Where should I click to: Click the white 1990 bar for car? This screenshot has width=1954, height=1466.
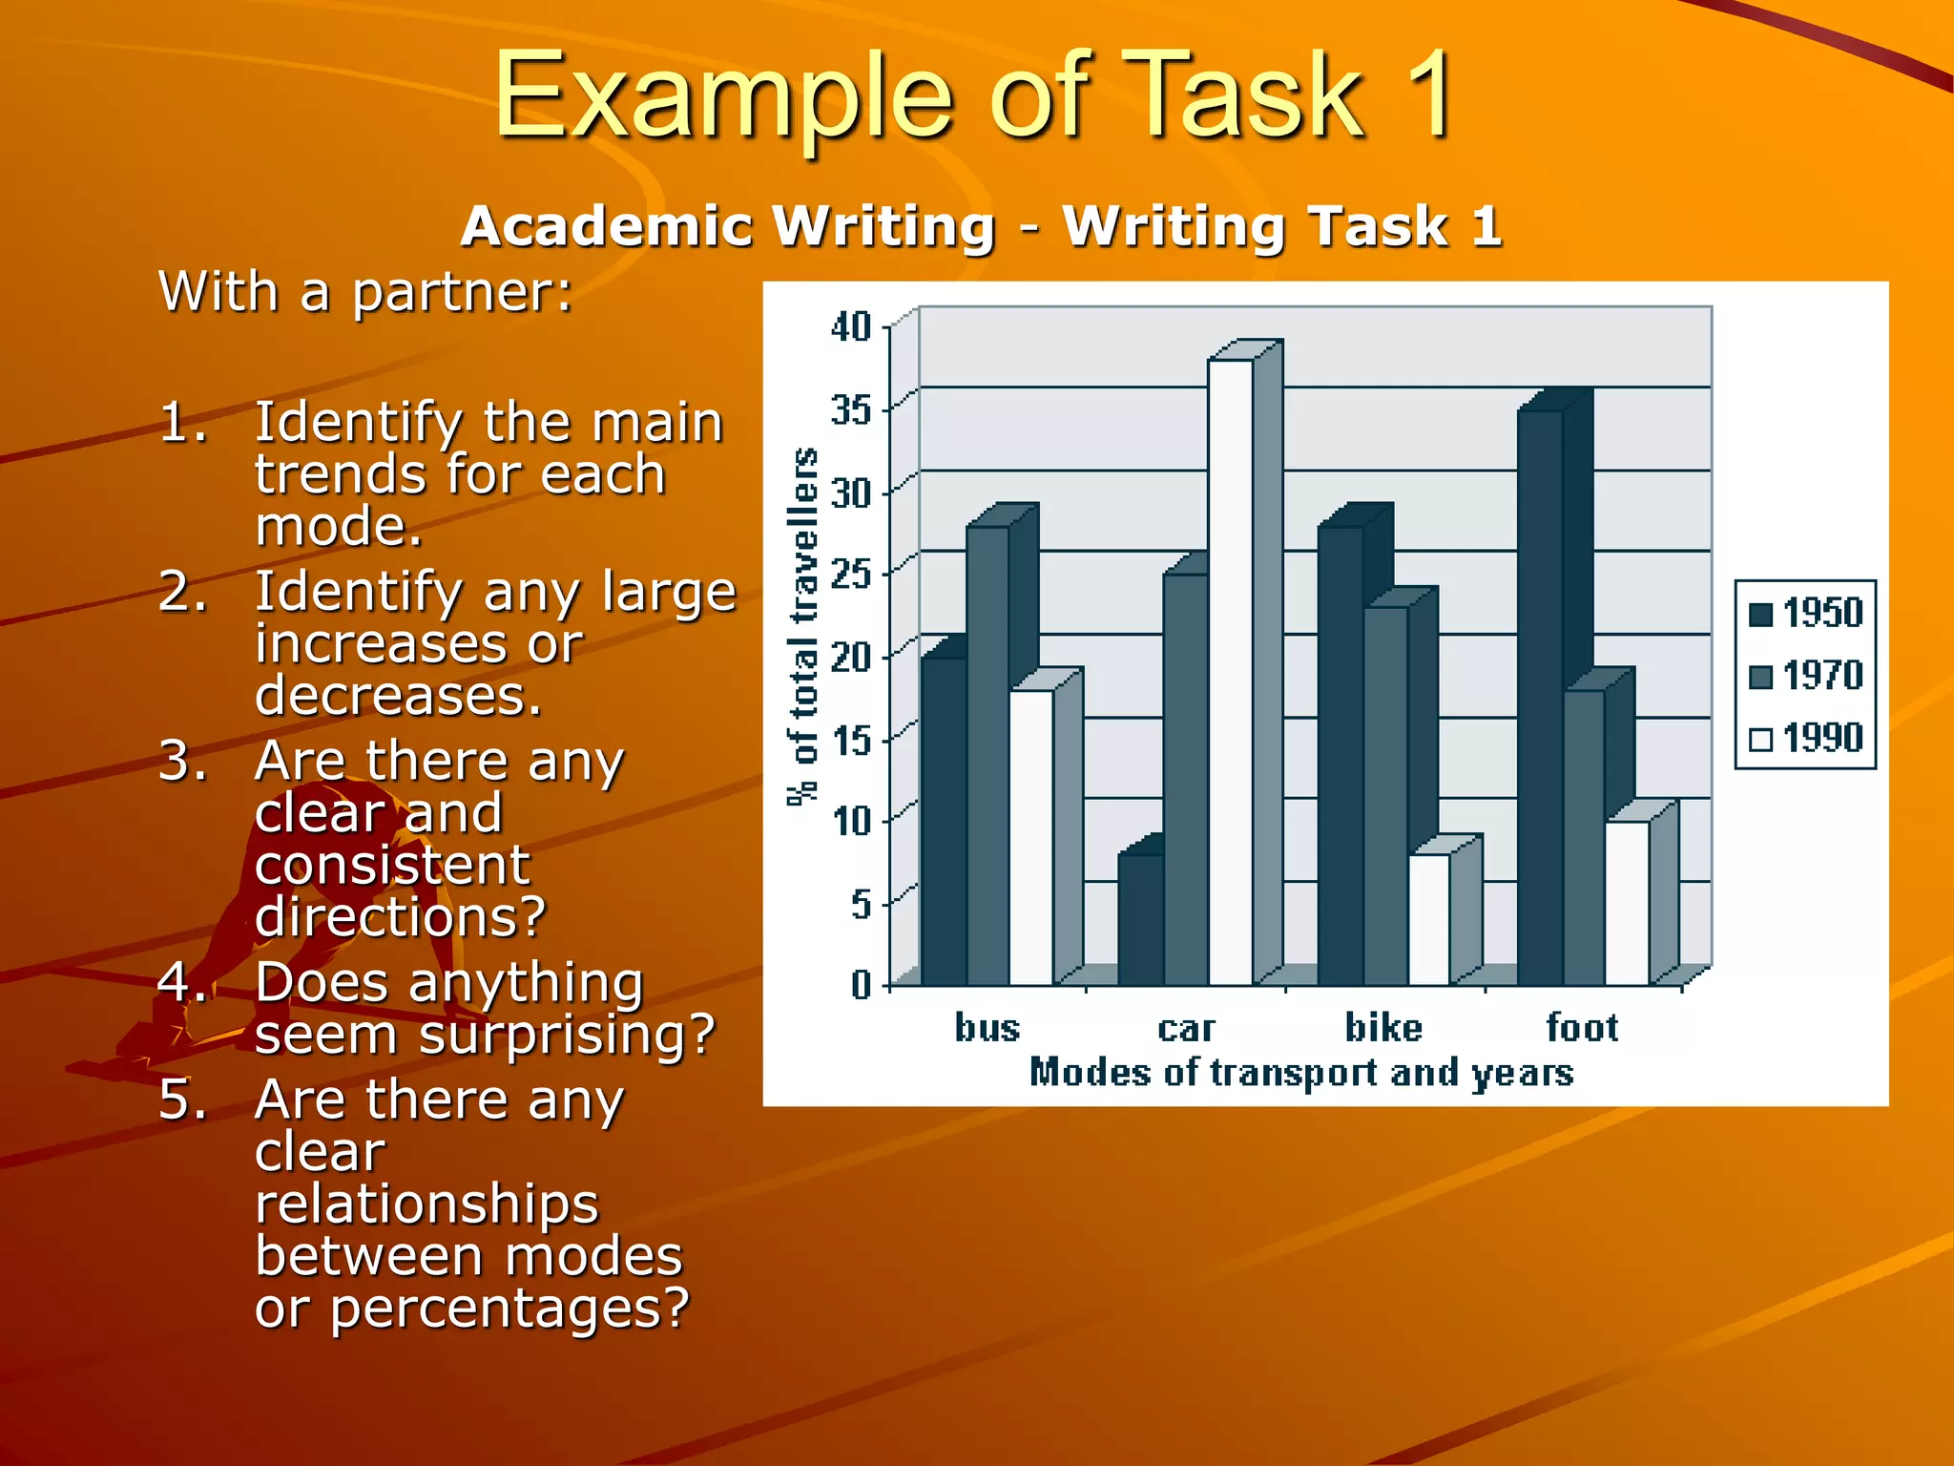[1230, 672]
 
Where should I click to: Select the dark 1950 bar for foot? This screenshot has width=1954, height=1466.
[1540, 698]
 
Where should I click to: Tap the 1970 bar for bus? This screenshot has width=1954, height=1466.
[987, 755]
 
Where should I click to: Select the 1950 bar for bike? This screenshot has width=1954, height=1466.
[1341, 755]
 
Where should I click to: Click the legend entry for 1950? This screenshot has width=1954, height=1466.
[1805, 613]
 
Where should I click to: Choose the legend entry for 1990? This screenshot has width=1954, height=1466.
[1805, 738]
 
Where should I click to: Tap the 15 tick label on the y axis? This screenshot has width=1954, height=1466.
[851, 738]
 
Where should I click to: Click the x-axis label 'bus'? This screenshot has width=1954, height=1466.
[987, 1028]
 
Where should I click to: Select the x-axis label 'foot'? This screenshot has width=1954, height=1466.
[1582, 1028]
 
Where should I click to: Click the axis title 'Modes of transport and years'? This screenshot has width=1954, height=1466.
[1300, 1073]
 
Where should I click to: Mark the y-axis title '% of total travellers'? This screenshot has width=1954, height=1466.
[804, 626]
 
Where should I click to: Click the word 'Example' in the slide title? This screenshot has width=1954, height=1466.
[723, 95]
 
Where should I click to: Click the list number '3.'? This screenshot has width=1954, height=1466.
[182, 762]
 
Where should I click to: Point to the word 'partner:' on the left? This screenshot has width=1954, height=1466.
[463, 292]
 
